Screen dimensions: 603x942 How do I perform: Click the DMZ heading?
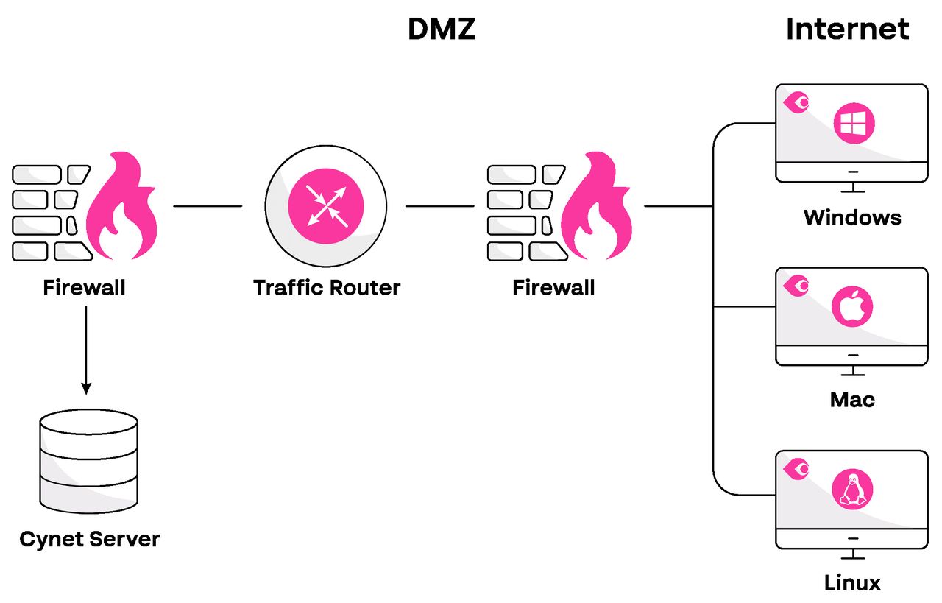pos(442,29)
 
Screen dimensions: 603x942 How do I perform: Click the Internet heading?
pos(847,29)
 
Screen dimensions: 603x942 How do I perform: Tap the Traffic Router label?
pos(327,287)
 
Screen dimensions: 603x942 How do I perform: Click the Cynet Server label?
pos(89,539)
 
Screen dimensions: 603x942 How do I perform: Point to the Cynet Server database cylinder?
pos(88,462)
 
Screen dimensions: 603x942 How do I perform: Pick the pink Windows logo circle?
pos(853,123)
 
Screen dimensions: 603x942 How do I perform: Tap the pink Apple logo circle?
pos(853,306)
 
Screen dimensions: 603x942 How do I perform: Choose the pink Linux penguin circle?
pos(853,489)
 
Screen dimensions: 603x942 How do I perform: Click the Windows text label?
pos(852,217)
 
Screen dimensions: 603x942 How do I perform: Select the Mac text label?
pos(852,400)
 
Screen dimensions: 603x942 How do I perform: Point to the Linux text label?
pos(852,583)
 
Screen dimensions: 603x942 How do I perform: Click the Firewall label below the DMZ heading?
pos(553,287)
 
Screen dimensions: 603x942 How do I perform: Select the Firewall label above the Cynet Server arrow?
pos(84,287)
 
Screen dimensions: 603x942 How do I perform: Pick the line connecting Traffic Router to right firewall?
pos(439,206)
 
